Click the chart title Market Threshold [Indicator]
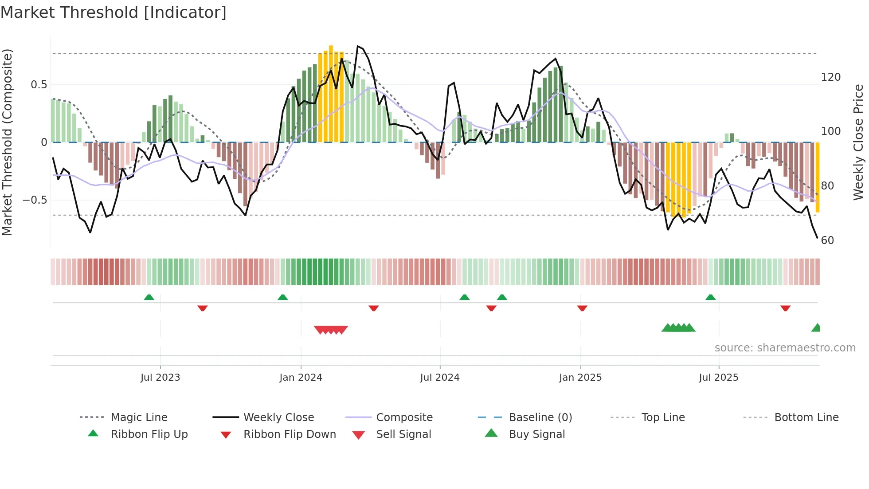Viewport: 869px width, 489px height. pos(114,12)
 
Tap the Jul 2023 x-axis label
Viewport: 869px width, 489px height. pos(160,378)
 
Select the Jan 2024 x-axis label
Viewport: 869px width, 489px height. pos(301,378)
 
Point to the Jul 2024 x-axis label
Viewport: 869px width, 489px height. pos(439,378)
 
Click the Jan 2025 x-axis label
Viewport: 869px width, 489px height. pos(580,378)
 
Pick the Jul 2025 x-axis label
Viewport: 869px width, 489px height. pos(718,378)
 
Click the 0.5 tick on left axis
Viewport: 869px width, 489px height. pos(39,85)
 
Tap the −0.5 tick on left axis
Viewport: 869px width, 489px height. pos(35,200)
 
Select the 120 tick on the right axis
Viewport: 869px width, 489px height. pos(830,77)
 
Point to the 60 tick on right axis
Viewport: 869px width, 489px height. pos(827,241)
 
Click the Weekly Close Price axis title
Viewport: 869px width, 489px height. pos(858,142)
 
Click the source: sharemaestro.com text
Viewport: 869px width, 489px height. pos(785,348)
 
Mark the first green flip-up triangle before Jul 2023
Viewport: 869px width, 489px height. pos(149,297)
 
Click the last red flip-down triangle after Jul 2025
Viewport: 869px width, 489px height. pos(785,308)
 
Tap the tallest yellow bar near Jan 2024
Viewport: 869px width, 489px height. pos(331,93)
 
